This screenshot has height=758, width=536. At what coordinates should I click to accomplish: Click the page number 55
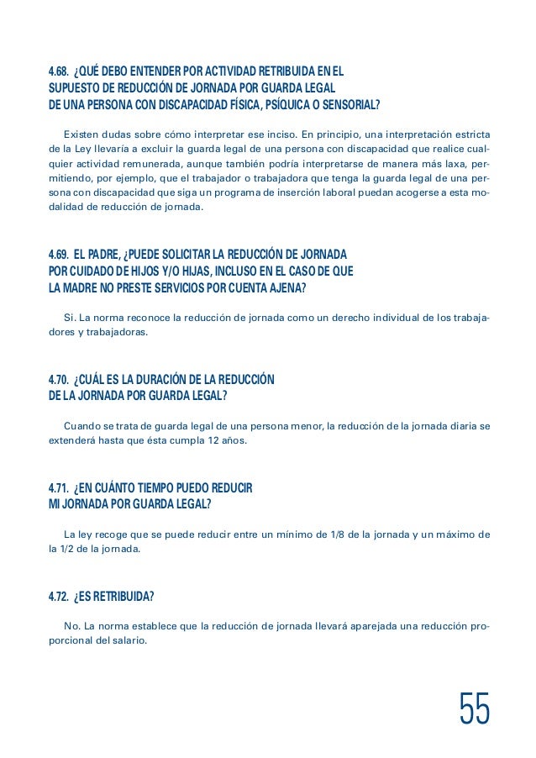click(x=475, y=709)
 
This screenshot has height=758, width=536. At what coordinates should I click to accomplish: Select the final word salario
click(x=127, y=642)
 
